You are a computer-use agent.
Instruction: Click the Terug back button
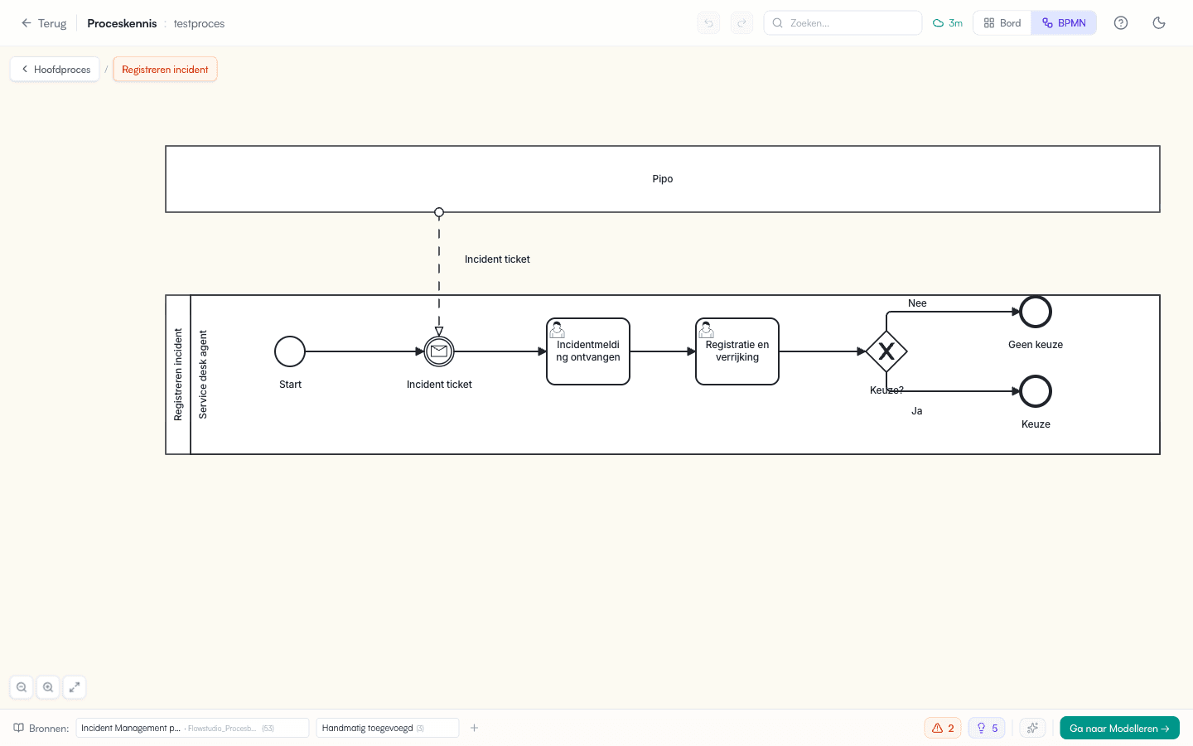[44, 23]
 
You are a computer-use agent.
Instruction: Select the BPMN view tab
[1064, 23]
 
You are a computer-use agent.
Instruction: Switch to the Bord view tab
[1002, 23]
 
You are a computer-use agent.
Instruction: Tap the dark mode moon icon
[1159, 23]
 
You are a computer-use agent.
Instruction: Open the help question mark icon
[1121, 23]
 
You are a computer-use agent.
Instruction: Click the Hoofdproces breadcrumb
[55, 70]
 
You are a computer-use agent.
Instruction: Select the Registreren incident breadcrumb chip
[165, 70]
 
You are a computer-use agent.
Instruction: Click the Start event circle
[290, 351]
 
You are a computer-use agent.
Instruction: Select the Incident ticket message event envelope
[439, 351]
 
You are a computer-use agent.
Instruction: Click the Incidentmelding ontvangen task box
[588, 351]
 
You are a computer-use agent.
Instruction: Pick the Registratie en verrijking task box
[737, 351]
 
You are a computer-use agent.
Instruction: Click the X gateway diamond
[886, 351]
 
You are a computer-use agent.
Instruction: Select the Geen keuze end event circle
[1036, 312]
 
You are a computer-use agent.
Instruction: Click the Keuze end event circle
[1036, 391]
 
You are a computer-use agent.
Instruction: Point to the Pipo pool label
[663, 179]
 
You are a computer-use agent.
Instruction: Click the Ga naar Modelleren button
[1119, 728]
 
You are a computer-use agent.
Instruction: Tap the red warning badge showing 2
[943, 728]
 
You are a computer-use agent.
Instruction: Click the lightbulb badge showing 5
[987, 728]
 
